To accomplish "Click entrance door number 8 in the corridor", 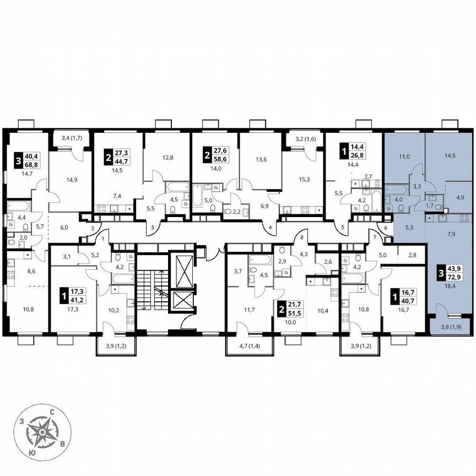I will tap(302, 237).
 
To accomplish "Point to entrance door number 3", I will tap(152, 227).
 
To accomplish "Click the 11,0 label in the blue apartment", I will tap(405, 156).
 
